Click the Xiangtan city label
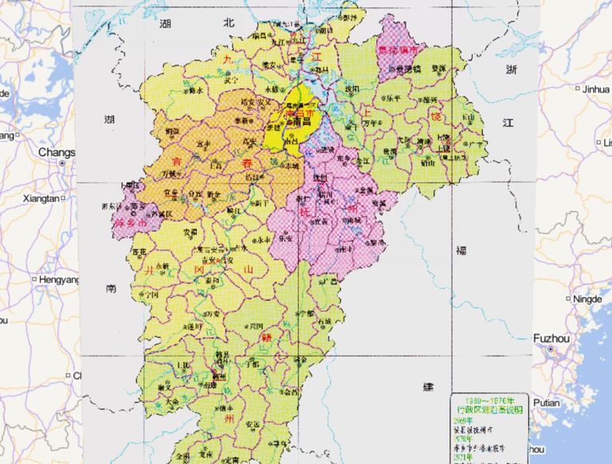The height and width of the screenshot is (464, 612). [41, 198]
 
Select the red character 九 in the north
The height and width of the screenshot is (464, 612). [226, 60]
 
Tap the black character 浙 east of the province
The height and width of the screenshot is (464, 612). [510, 71]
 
